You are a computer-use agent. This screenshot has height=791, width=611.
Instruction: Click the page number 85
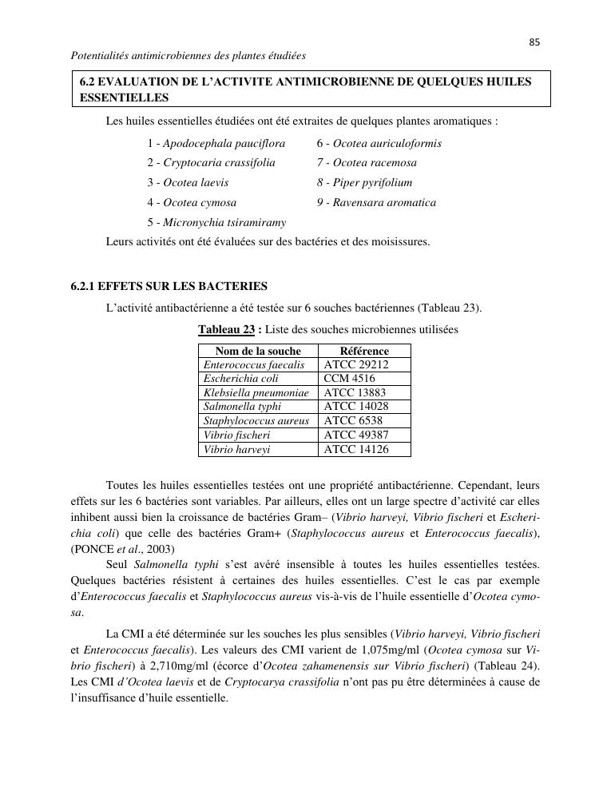(x=534, y=42)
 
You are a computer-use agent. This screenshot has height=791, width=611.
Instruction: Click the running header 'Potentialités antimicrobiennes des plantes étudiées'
(x=188, y=56)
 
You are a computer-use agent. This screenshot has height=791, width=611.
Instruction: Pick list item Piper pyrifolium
(x=364, y=183)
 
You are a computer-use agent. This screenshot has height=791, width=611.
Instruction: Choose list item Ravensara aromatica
(x=376, y=203)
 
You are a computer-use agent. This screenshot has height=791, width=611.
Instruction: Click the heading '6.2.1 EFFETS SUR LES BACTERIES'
(x=169, y=286)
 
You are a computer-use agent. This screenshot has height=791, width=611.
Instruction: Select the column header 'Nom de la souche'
(x=258, y=351)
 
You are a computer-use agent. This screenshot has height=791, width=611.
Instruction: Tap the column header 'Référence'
(x=364, y=351)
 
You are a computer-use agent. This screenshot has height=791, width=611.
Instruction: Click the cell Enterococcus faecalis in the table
(x=254, y=365)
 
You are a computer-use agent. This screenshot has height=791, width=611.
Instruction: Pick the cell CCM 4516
(x=349, y=379)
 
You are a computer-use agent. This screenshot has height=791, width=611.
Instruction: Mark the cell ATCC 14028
(x=356, y=407)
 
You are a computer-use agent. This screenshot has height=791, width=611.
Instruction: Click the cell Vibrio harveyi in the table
(x=236, y=450)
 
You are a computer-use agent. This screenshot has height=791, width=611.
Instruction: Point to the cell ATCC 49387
(x=356, y=435)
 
